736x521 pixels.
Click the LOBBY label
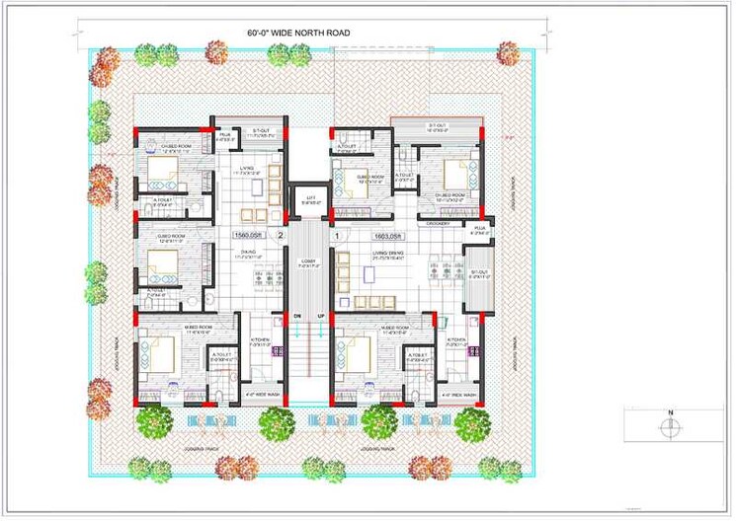coord(308,262)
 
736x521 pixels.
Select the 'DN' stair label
coord(295,316)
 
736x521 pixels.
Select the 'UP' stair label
coord(320,316)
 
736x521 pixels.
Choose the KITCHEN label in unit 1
coord(455,340)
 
